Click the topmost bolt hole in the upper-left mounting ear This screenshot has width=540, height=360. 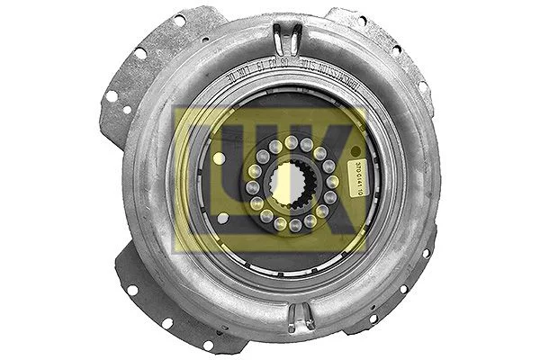coord(179,19)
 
